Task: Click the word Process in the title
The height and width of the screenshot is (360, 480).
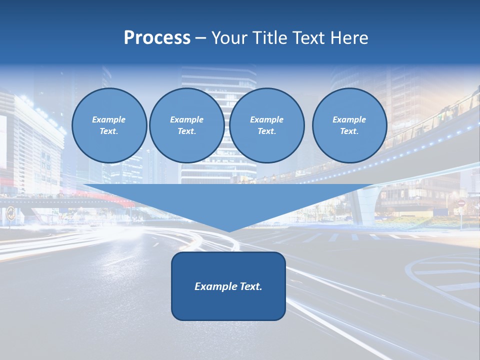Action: click(157, 38)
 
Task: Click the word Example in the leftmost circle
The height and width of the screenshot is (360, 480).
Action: click(109, 119)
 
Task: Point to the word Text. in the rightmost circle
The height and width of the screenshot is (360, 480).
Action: click(349, 131)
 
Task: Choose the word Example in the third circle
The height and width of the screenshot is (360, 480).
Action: click(266, 119)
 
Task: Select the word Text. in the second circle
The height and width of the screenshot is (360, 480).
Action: click(186, 131)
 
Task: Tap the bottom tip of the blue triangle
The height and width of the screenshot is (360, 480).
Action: click(228, 230)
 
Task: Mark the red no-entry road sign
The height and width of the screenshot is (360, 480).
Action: click(461, 203)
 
